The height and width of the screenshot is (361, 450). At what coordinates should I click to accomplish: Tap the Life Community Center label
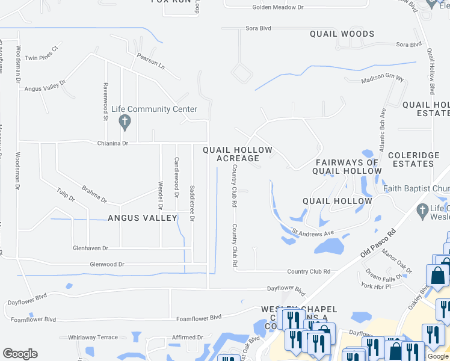pos(155,110)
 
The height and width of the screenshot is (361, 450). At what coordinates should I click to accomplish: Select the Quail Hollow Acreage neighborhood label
pos(238,154)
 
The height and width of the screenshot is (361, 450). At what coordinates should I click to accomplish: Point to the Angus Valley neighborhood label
pos(142,218)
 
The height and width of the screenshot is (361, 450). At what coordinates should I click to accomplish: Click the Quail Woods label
pos(342,34)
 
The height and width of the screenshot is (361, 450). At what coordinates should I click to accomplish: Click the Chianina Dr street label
pos(113,143)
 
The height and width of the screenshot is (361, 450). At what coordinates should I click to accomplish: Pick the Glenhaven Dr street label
pos(90,248)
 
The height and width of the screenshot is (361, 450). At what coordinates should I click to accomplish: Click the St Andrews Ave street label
pos(313,232)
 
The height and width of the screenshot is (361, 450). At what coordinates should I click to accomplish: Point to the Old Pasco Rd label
pos(378,242)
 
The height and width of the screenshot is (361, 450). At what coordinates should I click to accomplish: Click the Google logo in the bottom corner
pos(20,354)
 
